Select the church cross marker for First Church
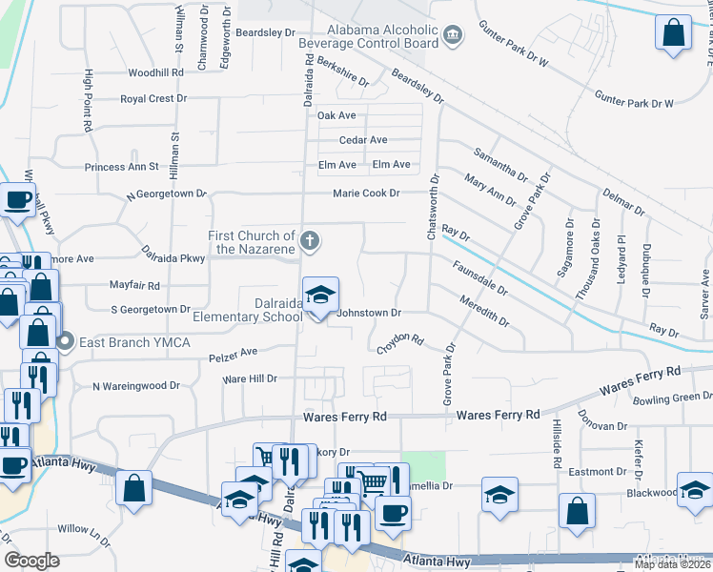[310, 240]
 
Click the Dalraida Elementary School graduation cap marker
[321, 295]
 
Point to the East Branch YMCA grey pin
[65, 341]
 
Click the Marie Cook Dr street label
[365, 194]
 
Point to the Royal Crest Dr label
[148, 98]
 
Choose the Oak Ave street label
[336, 115]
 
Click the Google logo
[32, 561]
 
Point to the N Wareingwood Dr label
[135, 386]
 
